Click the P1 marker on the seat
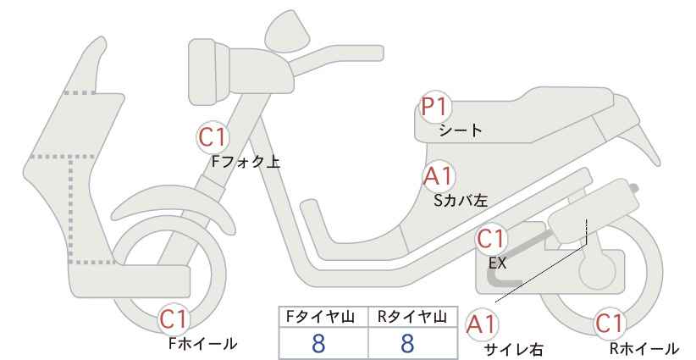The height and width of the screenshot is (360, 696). pyautogui.click(x=435, y=107)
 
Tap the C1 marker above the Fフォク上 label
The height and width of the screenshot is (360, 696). pyautogui.click(x=213, y=137)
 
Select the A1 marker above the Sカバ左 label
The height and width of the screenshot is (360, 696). pyautogui.click(x=438, y=176)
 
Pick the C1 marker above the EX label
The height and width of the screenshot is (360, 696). pyautogui.click(x=490, y=239)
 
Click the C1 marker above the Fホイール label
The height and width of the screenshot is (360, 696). pyautogui.click(x=174, y=319)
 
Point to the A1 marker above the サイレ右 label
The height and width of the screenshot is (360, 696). pyautogui.click(x=481, y=325)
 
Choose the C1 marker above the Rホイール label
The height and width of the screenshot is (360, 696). pyautogui.click(x=610, y=324)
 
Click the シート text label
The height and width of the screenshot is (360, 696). pyautogui.click(x=461, y=130)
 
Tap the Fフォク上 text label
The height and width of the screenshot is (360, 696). pyautogui.click(x=246, y=162)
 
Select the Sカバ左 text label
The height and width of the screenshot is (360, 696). pyautogui.click(x=461, y=200)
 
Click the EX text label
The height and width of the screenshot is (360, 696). pyautogui.click(x=497, y=263)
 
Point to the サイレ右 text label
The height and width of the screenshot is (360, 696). pyautogui.click(x=514, y=349)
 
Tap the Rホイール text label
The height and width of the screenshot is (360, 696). pyautogui.click(x=644, y=348)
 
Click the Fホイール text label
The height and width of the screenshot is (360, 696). pyautogui.click(x=203, y=344)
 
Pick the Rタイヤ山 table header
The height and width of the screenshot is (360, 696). pyautogui.click(x=412, y=317)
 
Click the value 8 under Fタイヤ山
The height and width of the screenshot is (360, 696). pyautogui.click(x=318, y=343)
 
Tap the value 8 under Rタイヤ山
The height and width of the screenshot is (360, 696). pyautogui.click(x=407, y=343)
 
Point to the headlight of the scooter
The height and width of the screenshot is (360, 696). pyautogui.click(x=209, y=72)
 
